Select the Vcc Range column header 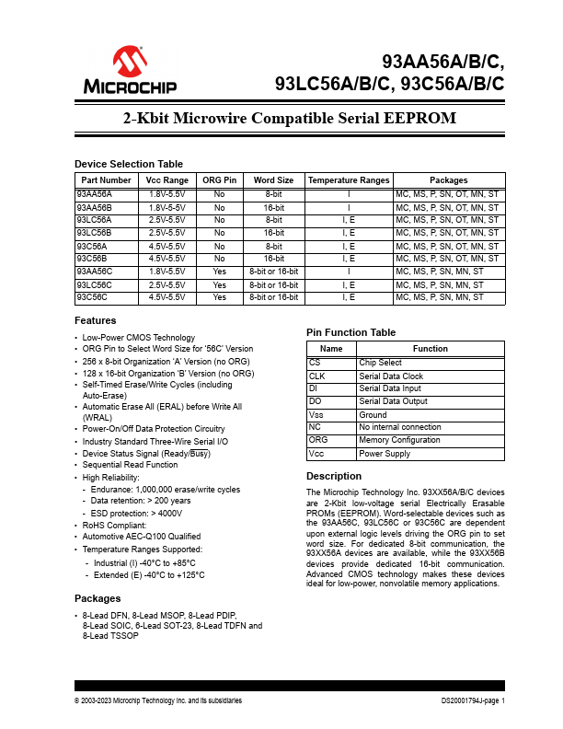pos(167,180)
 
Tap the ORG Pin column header pos(220,180)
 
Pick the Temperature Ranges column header pos(349,180)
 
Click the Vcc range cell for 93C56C pos(167,298)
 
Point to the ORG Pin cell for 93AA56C pos(220,272)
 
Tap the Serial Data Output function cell pos(393,402)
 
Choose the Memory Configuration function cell pos(399,441)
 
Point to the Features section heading pos(95,320)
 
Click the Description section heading pos(333,476)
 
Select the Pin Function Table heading pos(350,332)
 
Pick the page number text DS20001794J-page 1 pos(473,700)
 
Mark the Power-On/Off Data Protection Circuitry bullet pos(154,428)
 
